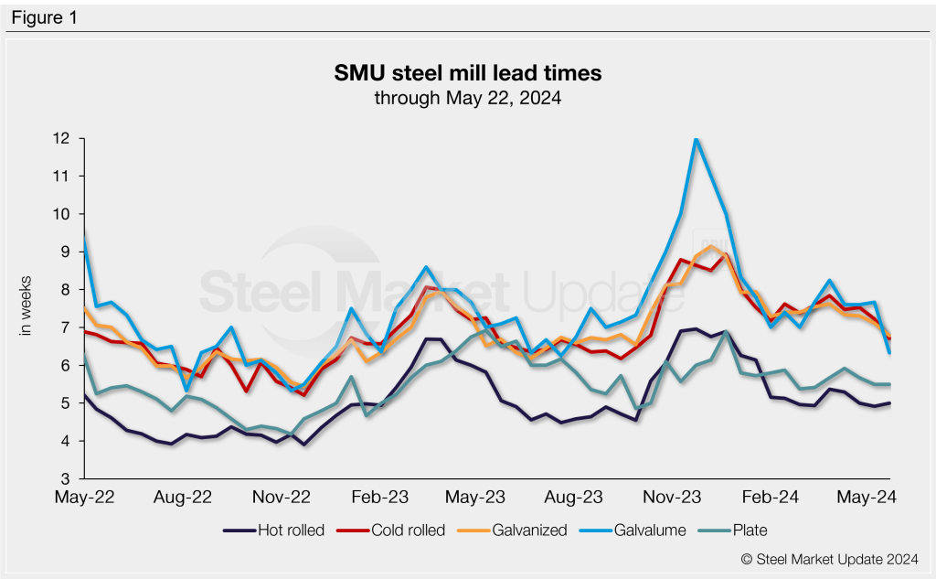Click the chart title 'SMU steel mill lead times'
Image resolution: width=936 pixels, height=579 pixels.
(467, 72)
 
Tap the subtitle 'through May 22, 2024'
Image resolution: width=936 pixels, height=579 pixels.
(467, 97)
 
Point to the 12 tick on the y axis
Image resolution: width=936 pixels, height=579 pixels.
(63, 139)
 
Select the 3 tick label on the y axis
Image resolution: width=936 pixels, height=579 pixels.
(67, 479)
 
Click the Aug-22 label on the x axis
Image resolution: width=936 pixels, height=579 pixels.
(183, 498)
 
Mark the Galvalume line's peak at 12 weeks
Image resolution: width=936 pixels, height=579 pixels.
(697, 139)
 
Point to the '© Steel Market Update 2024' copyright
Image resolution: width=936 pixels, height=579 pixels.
(828, 557)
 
